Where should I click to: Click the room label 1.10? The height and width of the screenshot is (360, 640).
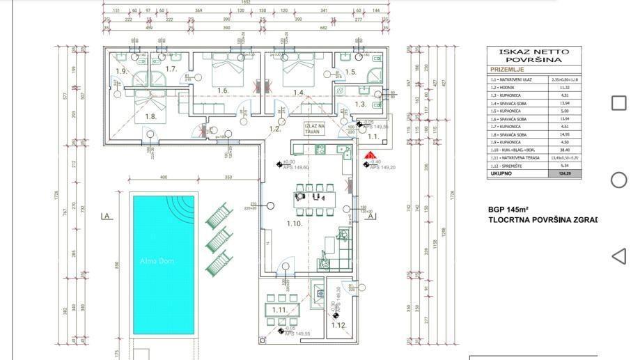[x=294, y=224]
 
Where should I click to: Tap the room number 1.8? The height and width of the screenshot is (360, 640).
[x=150, y=116]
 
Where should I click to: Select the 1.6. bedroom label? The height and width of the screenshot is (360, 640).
[x=223, y=91]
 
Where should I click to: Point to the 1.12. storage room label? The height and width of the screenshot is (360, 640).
[x=338, y=325]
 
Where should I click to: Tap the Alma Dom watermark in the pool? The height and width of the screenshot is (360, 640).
[x=156, y=261]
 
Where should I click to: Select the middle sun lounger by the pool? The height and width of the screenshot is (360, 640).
[x=217, y=238]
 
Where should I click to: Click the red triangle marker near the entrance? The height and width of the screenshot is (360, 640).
[x=371, y=156]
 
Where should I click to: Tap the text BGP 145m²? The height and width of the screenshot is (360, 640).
[x=508, y=209]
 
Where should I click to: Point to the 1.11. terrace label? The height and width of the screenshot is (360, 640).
[x=279, y=310]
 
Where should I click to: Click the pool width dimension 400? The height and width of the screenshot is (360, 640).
[x=163, y=178]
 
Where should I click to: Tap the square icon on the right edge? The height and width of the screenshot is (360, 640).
[x=618, y=103]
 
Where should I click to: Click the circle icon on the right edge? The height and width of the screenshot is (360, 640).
[x=618, y=180]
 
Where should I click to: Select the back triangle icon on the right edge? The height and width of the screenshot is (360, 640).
[x=618, y=256]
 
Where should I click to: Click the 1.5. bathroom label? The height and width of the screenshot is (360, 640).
[x=350, y=72]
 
